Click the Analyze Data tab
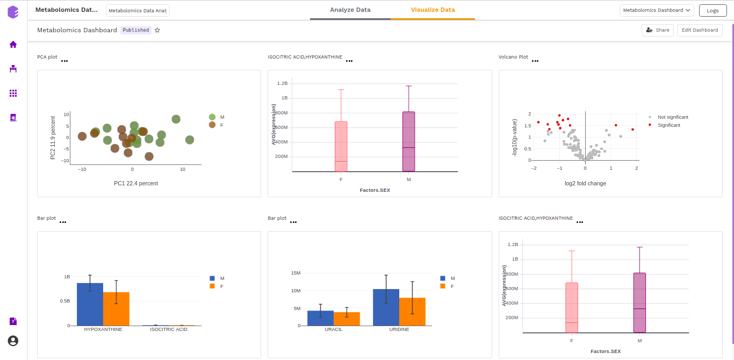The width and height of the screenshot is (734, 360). pos(350,10)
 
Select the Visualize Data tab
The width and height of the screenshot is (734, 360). pos(433,10)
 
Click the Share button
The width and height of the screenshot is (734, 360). pos(657,30)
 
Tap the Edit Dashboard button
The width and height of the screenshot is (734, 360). pos(700,30)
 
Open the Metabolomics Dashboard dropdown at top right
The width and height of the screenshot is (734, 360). pos(657,10)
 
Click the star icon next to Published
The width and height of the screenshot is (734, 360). pos(157,30)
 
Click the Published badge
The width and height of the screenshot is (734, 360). pos(136,30)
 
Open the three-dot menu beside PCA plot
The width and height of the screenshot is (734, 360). pos(64,61)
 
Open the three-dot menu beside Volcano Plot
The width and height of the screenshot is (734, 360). pos(535,61)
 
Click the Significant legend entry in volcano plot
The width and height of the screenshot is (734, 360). pos(668,125)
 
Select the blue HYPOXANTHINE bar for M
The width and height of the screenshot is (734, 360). pos(90,304)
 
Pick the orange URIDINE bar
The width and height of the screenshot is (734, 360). pos(412,312)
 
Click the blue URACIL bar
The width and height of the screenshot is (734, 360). pos(320,318)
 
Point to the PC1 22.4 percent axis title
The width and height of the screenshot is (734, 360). pos(136,183)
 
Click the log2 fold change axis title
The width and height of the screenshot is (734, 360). pos(585,183)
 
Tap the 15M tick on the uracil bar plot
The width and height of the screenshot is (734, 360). pos(296,273)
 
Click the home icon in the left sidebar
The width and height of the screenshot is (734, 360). pos(13,45)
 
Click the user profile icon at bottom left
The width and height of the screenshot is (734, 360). pos(13,341)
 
